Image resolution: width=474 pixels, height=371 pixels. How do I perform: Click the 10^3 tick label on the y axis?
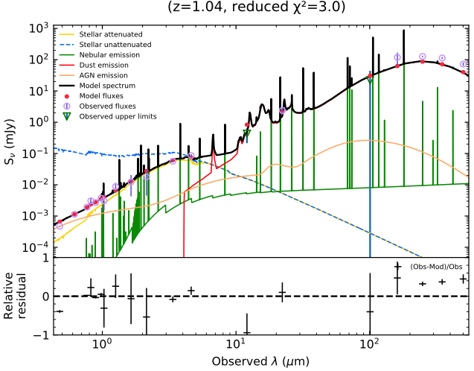coord(38,28)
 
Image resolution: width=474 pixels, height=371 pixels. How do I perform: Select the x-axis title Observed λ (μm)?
coord(260,362)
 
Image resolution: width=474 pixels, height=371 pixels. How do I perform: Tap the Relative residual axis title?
coord(17,297)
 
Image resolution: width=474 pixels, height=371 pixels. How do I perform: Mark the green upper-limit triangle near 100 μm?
coord(370,79)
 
